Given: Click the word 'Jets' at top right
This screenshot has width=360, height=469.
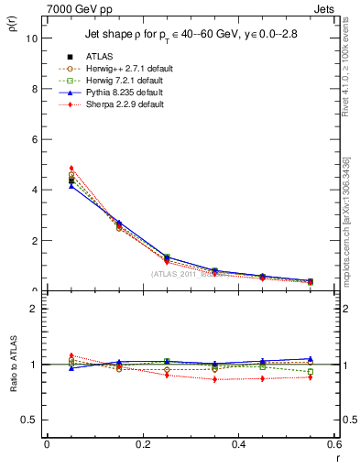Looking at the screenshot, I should [323, 7].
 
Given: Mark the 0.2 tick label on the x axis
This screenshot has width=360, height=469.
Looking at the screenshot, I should [142, 444].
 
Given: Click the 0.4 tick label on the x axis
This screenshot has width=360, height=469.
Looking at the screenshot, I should [239, 444].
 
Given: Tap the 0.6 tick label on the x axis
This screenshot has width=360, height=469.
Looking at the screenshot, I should [333, 444].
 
